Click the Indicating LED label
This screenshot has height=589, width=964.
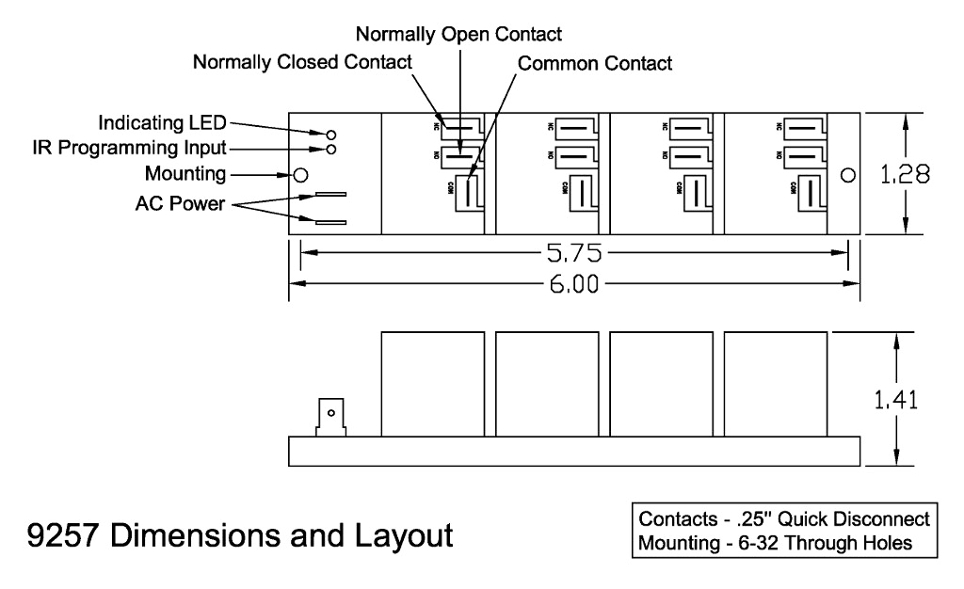pyautogui.click(x=166, y=124)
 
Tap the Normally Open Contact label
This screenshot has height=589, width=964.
pyautogui.click(x=458, y=35)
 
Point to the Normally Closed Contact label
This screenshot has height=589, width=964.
pyautogui.click(x=302, y=64)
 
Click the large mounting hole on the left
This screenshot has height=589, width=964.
pyautogui.click(x=301, y=175)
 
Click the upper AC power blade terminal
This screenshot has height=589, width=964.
pyautogui.click(x=325, y=196)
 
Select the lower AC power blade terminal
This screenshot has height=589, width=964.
pyautogui.click(x=325, y=223)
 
